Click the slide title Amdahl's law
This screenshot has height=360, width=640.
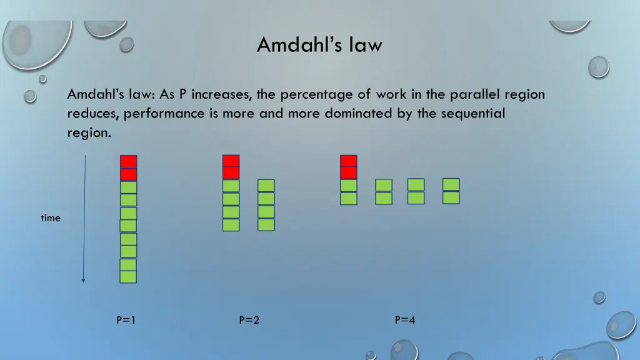[319, 45]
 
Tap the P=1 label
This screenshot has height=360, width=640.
[126, 321]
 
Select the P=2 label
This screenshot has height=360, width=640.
[249, 321]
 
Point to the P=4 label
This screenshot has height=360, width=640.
[404, 321]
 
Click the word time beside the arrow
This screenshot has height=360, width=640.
[51, 218]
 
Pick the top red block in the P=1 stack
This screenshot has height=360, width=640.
[129, 161]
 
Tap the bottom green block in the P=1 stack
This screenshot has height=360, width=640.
[128, 277]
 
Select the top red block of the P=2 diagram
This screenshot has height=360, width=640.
[231, 161]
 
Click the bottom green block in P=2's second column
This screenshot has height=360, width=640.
[266, 224]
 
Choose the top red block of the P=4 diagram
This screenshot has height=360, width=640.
[349, 161]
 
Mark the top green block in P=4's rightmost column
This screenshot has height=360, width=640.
[451, 184]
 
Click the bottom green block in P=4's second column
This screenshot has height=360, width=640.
[384, 198]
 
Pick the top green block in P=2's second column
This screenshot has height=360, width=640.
[266, 186]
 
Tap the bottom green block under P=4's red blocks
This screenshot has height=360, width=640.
[349, 199]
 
